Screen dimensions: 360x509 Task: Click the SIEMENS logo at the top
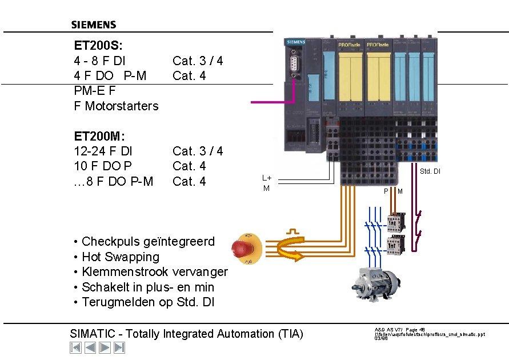[x=94, y=25]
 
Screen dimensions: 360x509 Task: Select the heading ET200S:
[x=98, y=45]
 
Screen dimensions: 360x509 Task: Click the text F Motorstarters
[x=116, y=106]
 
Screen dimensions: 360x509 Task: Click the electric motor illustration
[x=376, y=283]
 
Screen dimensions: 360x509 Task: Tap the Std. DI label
[x=430, y=171]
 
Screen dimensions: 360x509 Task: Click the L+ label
[x=266, y=178]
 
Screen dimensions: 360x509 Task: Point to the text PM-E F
[x=95, y=90]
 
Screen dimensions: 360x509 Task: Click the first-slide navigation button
[x=75, y=347]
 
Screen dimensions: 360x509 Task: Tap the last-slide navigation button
[x=119, y=347]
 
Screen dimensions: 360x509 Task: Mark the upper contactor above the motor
[x=395, y=223]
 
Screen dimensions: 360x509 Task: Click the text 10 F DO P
[x=103, y=166]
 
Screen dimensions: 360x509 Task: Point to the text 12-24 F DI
[x=103, y=151]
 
